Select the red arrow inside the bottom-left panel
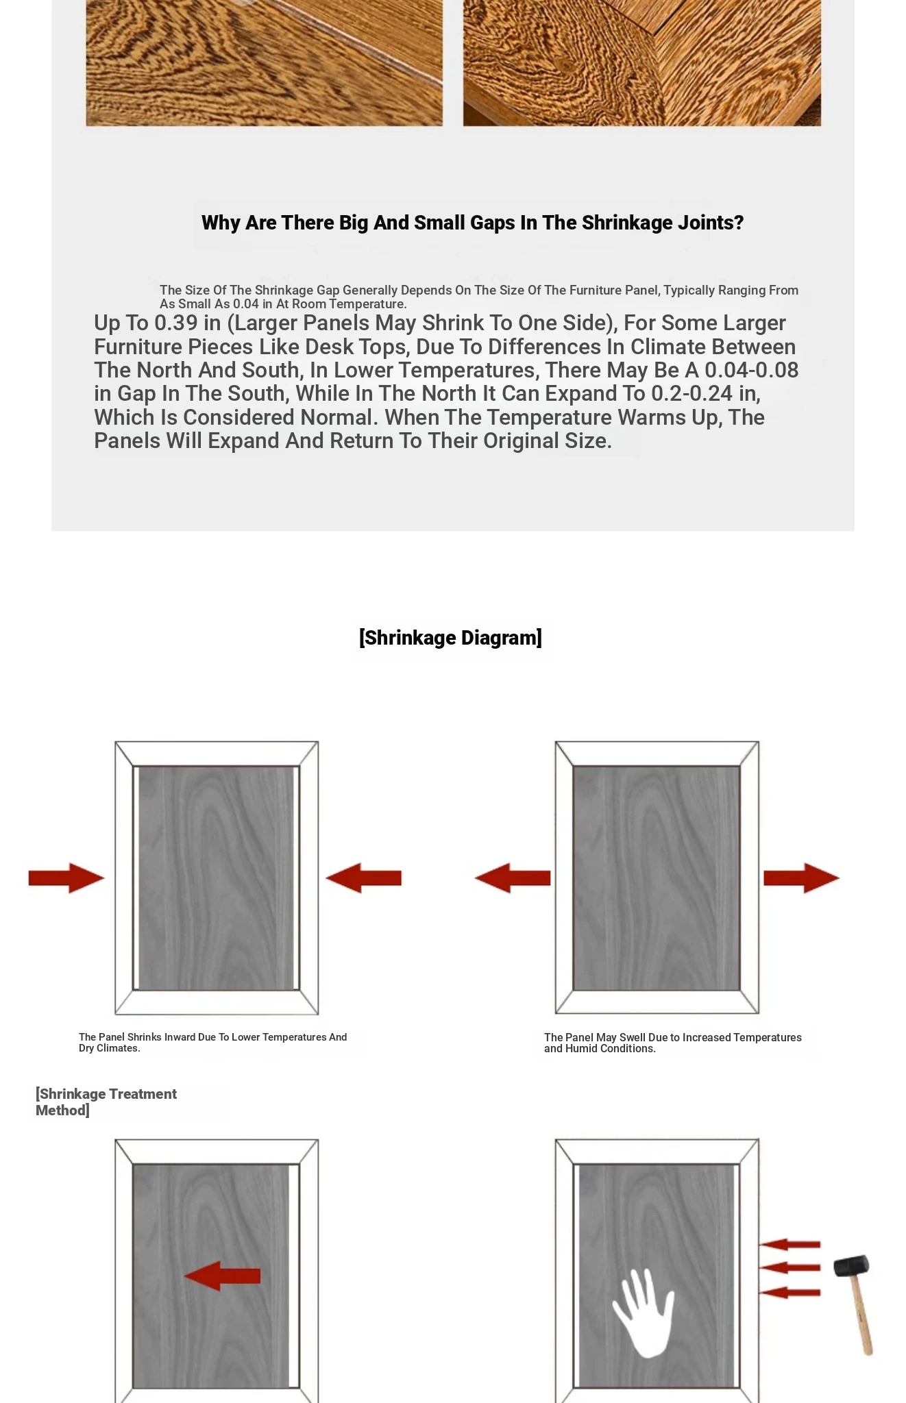tap(222, 1276)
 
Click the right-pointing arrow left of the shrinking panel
tap(66, 878)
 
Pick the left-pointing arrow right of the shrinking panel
tap(363, 878)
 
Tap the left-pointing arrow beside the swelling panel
tap(512, 878)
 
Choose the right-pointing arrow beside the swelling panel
tap(801, 878)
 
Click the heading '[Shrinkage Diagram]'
tap(450, 638)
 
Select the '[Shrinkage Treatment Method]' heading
tap(106, 1102)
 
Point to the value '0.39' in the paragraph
tap(176, 323)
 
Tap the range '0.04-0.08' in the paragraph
tap(752, 370)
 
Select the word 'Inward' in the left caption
tap(180, 1037)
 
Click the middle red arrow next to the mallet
tap(789, 1267)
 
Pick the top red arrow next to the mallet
tap(789, 1244)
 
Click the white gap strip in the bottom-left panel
tap(293, 1276)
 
